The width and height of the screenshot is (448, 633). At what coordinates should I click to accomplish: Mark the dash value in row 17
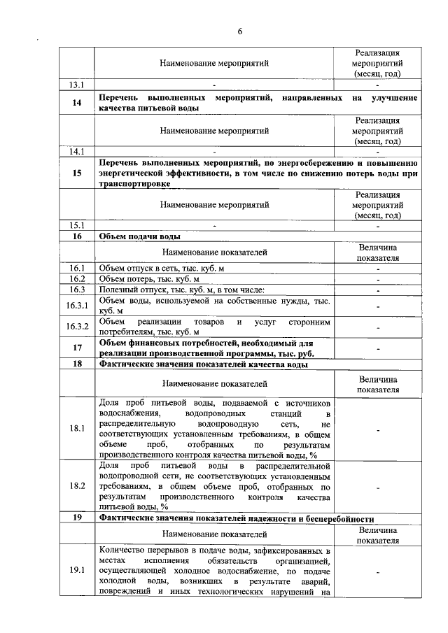(x=377, y=348)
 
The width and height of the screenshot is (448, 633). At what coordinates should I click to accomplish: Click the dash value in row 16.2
(x=377, y=279)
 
